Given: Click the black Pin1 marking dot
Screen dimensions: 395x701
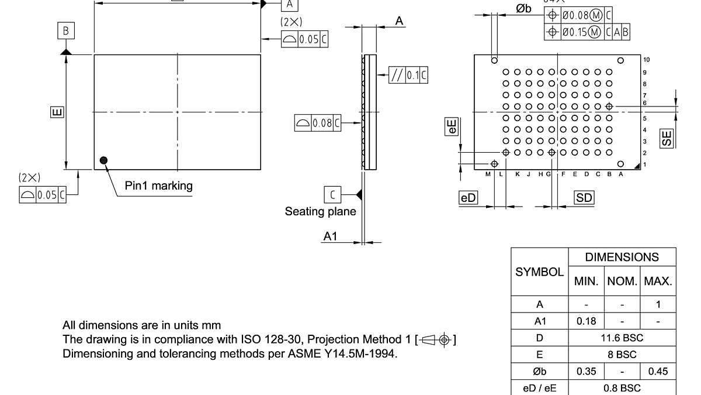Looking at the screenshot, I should tap(104, 160).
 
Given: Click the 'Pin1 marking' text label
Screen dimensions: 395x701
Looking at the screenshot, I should tap(158, 186).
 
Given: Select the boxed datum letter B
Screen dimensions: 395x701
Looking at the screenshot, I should tap(66, 31).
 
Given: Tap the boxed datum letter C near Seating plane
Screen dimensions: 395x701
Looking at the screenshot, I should tap(332, 194).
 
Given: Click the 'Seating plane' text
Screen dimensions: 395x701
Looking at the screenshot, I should tap(320, 211).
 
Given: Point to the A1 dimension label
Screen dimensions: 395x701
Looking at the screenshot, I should tap(331, 236).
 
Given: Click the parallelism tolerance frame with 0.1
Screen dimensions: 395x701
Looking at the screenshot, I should tap(408, 75).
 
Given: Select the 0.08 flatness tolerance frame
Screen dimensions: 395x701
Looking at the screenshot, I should tap(318, 123).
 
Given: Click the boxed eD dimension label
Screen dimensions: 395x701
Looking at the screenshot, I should tap(468, 198).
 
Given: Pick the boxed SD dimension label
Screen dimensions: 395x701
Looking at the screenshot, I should tap(584, 198).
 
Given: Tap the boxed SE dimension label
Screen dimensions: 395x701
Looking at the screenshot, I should tap(667, 138).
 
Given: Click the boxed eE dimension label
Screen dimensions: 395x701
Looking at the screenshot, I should tap(452, 128).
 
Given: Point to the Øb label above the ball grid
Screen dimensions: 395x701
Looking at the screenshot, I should tap(523, 8).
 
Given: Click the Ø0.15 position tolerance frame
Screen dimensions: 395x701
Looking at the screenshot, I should tap(587, 32).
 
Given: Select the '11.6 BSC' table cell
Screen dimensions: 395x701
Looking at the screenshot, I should tap(622, 338).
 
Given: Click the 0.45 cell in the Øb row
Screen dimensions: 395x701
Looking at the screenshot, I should tap(658, 372).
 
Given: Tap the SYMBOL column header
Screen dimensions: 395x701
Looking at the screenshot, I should tap(539, 272).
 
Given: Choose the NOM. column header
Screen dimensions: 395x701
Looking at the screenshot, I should tap(622, 281).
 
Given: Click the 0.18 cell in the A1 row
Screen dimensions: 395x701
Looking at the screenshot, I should tap(586, 321).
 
